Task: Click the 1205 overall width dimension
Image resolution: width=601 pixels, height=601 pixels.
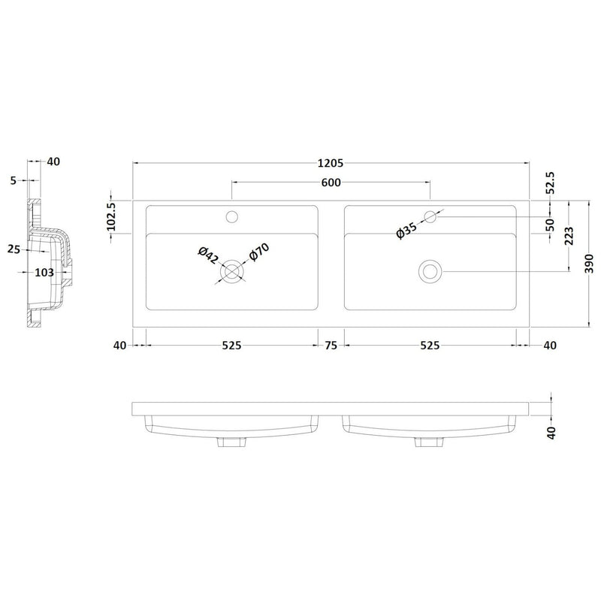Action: pos(331,162)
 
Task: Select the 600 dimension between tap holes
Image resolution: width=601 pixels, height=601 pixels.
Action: pos(331,183)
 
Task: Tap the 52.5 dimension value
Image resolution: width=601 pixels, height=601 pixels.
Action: pos(550,182)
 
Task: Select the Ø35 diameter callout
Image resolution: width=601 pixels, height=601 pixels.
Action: pos(406,230)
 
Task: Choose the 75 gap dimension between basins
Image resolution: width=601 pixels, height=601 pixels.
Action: pos(331,346)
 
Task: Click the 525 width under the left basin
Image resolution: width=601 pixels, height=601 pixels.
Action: pos(231,346)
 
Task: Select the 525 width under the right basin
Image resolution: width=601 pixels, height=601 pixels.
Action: pos(429,346)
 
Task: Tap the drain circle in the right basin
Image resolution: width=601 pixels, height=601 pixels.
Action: pos(430,270)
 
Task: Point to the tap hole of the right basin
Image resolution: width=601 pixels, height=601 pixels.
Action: pos(430,217)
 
